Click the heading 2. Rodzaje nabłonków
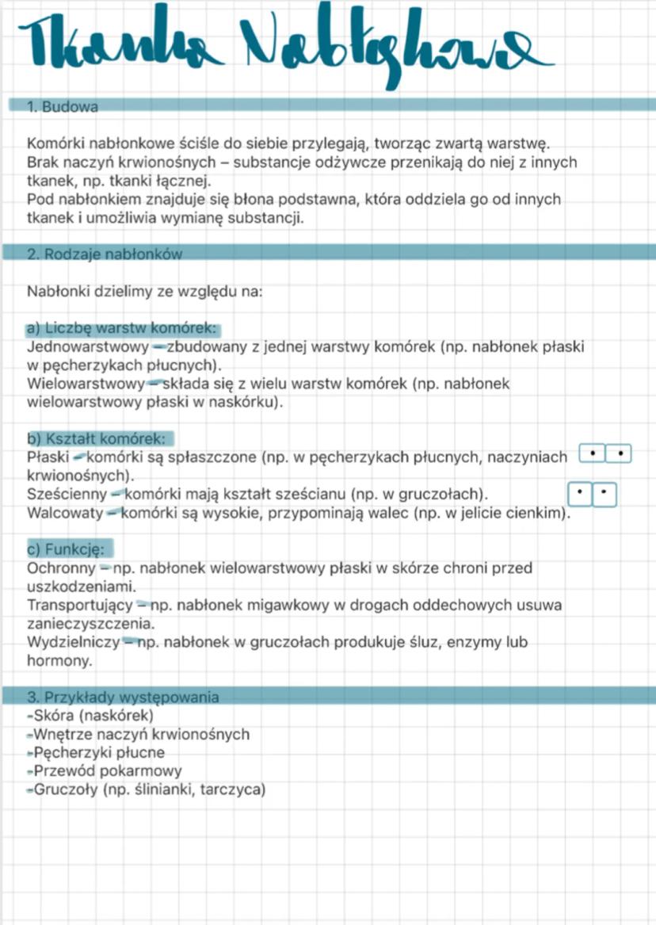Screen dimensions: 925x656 [x=104, y=254]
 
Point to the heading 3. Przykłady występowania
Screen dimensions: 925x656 [x=122, y=698]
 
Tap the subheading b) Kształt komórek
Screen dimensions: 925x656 [x=96, y=438]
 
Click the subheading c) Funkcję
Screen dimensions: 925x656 [x=69, y=549]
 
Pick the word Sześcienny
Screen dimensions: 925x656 [x=65, y=495]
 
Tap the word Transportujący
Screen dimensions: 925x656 [x=78, y=606]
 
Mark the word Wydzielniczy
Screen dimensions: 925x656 [x=72, y=642]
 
